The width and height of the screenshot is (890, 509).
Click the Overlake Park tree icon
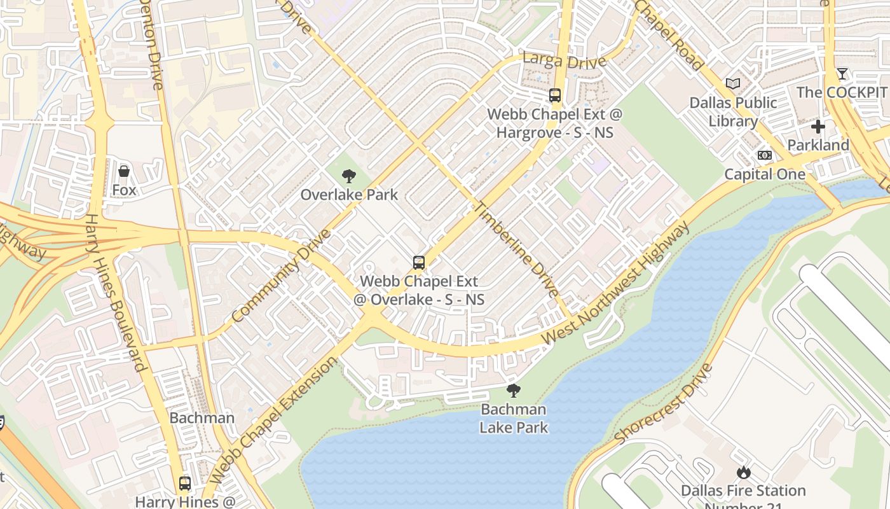click(348, 176)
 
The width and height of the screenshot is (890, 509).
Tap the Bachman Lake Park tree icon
click(513, 391)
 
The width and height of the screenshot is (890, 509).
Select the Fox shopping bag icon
click(124, 171)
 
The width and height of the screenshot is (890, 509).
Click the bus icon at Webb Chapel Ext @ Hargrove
click(555, 95)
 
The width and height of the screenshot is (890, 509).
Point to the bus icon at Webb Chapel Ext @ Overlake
click(418, 262)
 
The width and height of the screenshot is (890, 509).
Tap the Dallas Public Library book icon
click(733, 83)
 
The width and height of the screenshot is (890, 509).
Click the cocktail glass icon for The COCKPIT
click(842, 74)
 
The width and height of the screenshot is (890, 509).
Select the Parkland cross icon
click(818, 127)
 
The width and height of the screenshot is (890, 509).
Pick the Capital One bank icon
click(765, 155)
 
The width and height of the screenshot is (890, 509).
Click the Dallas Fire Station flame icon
click(743, 472)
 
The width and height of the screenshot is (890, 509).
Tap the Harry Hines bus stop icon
click(185, 483)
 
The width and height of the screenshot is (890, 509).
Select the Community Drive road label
click(281, 275)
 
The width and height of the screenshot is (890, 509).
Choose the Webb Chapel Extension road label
click(274, 420)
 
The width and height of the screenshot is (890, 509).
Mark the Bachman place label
click(202, 418)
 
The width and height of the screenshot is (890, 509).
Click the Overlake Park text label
click(349, 195)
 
